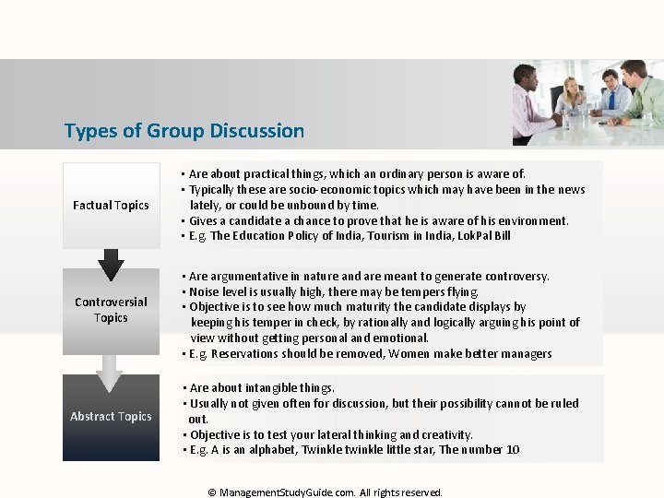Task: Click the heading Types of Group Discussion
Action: tap(184, 131)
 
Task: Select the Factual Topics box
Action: tap(111, 205)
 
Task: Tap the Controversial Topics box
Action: tap(111, 310)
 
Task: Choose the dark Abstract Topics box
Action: tap(111, 417)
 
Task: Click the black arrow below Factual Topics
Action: tap(111, 265)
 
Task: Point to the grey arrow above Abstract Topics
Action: tap(110, 372)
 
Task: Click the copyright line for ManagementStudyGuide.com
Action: tap(326, 492)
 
